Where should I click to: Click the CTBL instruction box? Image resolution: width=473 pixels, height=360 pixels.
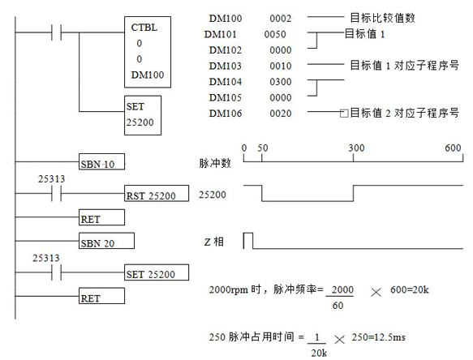(148, 52)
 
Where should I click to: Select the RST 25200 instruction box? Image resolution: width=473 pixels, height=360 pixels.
(157, 193)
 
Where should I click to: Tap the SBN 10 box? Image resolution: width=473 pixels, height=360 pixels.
(101, 161)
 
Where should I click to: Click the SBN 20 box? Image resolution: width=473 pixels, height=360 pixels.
(106, 241)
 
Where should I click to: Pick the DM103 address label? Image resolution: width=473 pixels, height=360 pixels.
(226, 66)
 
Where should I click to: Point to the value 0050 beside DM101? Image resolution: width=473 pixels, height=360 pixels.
(275, 34)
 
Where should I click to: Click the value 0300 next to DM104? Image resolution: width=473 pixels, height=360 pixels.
(281, 82)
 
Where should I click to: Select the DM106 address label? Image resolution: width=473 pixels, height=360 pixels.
(226, 114)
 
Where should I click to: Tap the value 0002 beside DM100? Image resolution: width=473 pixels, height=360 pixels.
(281, 19)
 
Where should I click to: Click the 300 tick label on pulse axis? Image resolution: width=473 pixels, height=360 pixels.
(356, 148)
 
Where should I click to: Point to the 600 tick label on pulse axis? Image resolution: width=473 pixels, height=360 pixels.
(453, 148)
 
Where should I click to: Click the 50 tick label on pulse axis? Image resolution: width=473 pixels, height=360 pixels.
(262, 148)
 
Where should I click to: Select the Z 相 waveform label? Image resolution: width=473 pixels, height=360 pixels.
(214, 242)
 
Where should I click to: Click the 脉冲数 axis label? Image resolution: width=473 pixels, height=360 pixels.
(215, 163)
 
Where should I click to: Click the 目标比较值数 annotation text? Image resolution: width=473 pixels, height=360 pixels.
(382, 18)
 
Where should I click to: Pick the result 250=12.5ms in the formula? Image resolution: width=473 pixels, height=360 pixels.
(378, 337)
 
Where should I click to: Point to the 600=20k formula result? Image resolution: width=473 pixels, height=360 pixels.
(410, 289)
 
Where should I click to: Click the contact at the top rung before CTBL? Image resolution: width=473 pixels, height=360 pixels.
(57, 32)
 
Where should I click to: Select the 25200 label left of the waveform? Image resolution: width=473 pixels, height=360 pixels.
(212, 195)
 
